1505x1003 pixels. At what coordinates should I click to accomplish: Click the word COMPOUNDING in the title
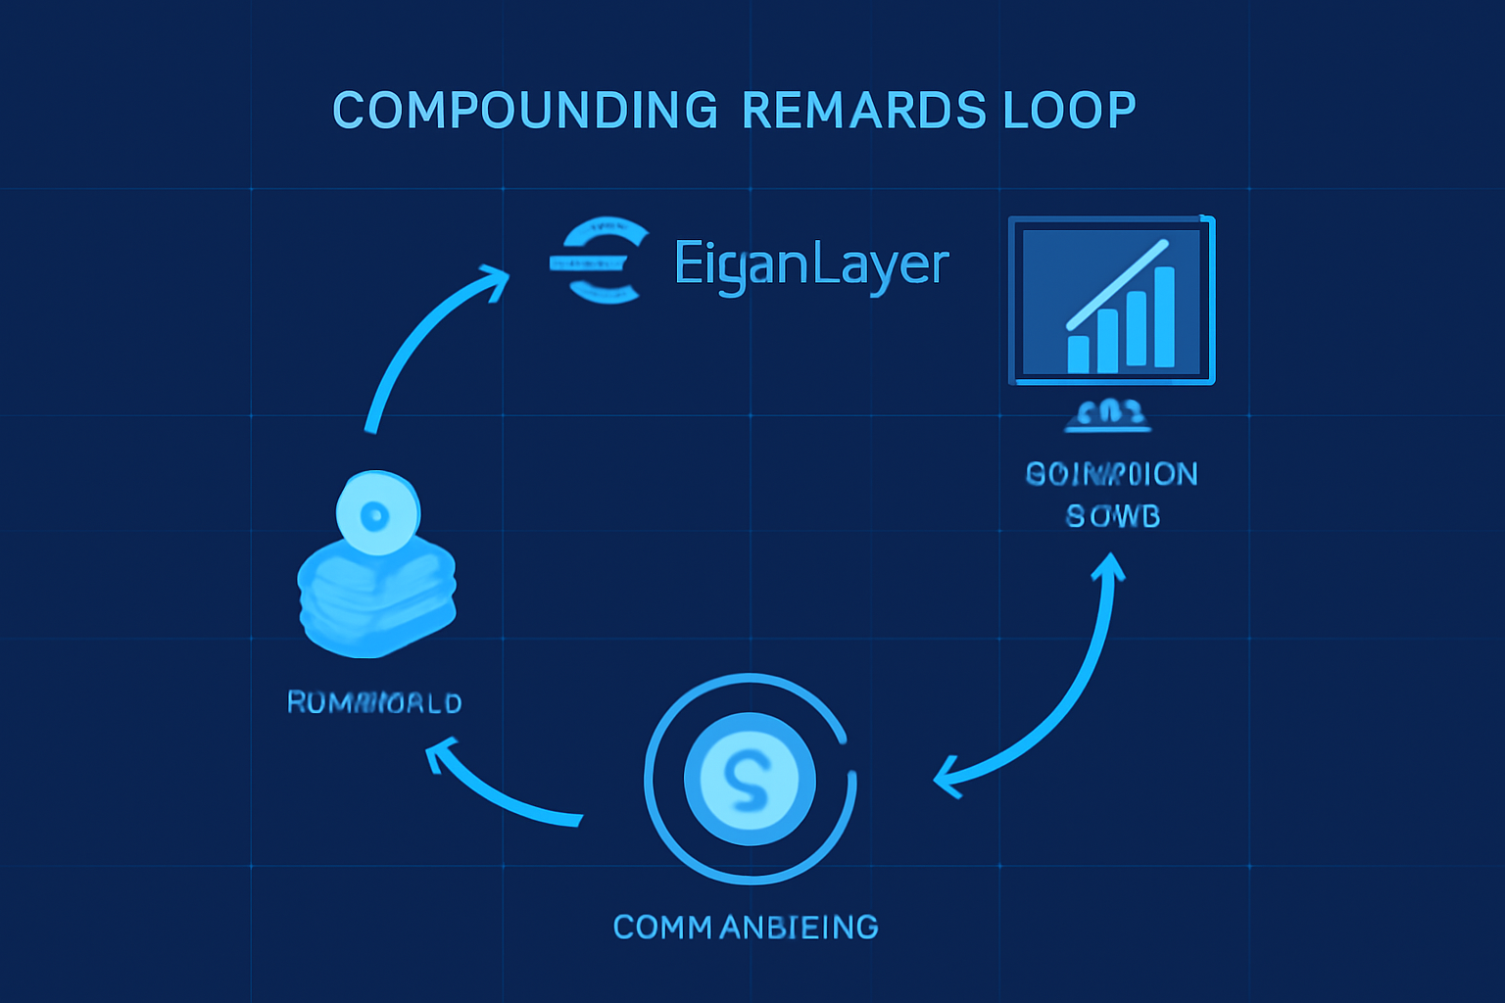525,110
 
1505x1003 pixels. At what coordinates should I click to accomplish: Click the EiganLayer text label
811,264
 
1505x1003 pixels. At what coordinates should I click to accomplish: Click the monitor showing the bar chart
1111,300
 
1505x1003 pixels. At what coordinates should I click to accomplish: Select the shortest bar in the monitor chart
1078,354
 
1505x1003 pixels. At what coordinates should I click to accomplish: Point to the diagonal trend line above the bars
1117,284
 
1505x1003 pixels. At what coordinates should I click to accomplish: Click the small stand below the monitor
1107,415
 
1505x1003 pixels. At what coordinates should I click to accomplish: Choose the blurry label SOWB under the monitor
1112,516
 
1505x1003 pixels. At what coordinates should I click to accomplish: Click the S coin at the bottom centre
750,779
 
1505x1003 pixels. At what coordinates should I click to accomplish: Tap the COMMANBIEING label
745,927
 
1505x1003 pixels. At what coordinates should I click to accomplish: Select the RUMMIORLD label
373,702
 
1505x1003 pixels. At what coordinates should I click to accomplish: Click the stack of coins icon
377,597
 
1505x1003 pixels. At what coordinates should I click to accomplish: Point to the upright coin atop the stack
377,512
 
